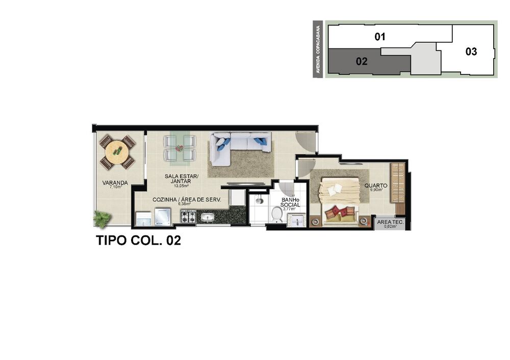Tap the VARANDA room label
(x=115, y=183)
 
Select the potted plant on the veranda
(x=102, y=219)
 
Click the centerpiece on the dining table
(x=179, y=148)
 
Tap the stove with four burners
(x=188, y=217)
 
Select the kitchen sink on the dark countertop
(x=208, y=218)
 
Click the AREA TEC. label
(x=391, y=222)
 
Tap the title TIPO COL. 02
(x=138, y=241)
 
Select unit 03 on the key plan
(x=471, y=52)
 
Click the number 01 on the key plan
(x=379, y=37)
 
